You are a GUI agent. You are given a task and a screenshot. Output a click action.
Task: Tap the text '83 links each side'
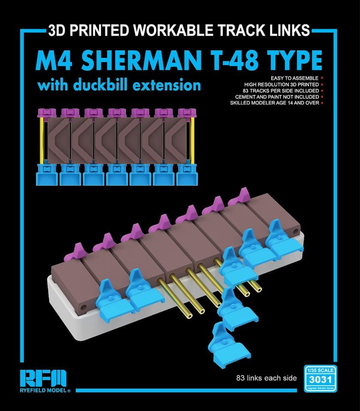click(266, 378)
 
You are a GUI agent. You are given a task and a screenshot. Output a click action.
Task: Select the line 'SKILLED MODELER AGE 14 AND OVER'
click(274, 103)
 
